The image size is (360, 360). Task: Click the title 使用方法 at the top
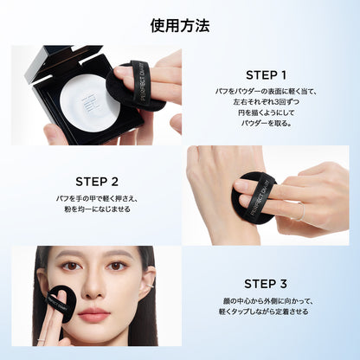[180, 26]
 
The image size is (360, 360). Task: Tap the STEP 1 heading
[266, 75]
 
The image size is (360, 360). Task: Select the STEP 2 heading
[97, 182]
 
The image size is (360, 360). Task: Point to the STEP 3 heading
[266, 284]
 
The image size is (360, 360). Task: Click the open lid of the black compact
[59, 64]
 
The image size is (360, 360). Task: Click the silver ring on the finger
[300, 211]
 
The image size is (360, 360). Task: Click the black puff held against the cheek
[61, 303]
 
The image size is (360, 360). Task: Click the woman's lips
[94, 314]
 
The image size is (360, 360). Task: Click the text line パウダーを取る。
[266, 123]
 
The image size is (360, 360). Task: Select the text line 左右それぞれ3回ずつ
[266, 102]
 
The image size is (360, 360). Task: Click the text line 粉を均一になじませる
[97, 209]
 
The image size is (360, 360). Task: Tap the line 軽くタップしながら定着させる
[263, 312]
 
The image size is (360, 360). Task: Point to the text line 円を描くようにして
[266, 112]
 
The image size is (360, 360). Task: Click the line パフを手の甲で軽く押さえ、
[97, 199]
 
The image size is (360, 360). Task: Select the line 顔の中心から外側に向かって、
[267, 301]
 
